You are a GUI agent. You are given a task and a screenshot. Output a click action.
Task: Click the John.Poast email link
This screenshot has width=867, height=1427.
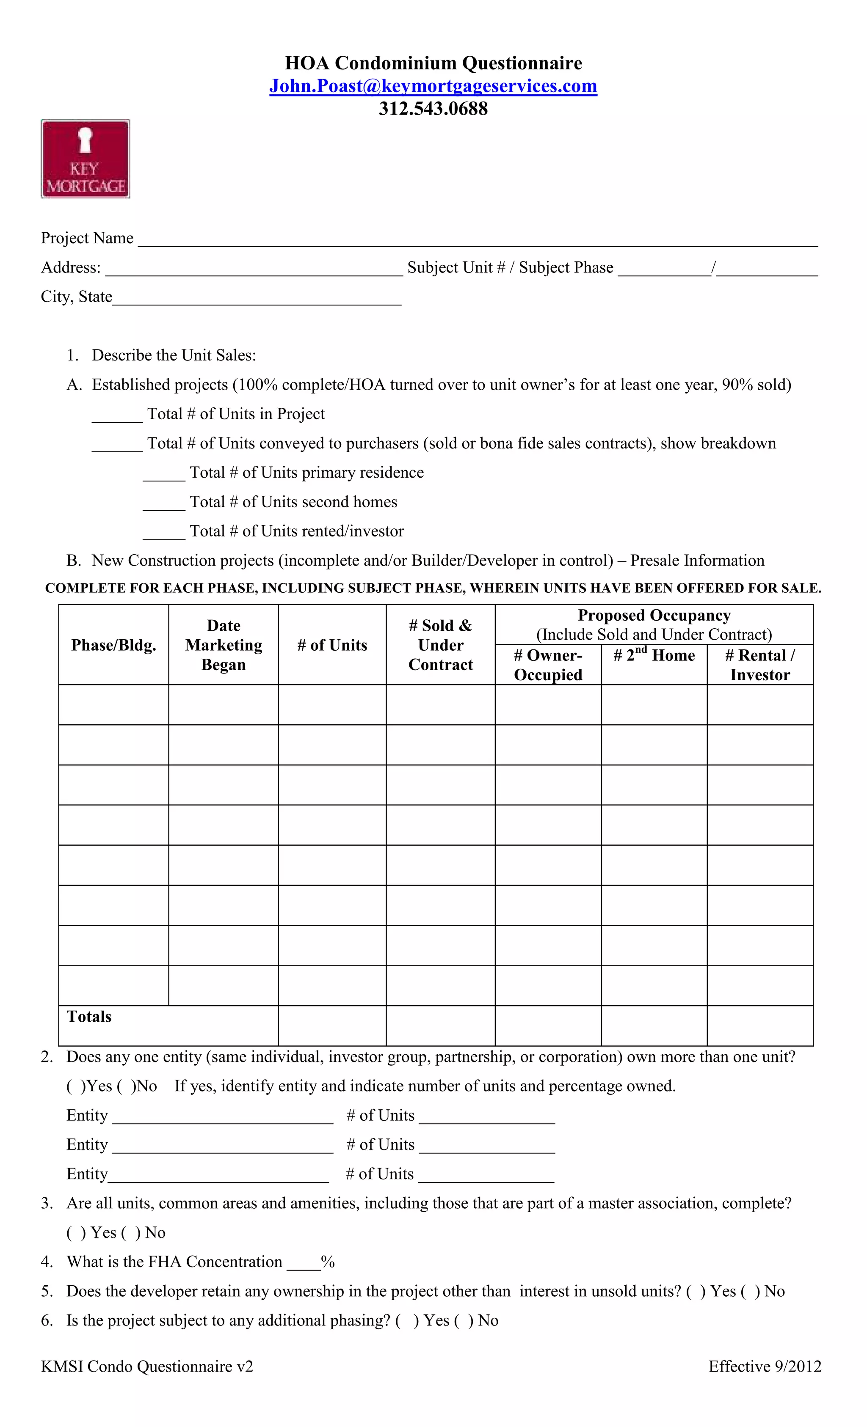pos(433,86)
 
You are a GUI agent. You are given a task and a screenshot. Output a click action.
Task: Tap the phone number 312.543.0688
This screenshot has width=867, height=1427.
pos(433,109)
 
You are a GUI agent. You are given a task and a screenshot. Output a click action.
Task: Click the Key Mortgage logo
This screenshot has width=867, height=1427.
pos(85,159)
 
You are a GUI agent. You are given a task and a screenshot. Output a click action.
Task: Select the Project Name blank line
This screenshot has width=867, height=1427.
pos(478,242)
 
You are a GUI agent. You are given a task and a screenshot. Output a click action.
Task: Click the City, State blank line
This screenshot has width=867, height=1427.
pos(257,300)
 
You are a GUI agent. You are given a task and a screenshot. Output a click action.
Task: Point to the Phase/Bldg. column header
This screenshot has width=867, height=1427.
pos(113,645)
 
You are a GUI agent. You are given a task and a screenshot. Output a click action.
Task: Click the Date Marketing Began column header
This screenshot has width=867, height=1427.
pos(224,645)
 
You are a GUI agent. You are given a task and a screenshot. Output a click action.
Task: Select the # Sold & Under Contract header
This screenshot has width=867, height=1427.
pos(440,645)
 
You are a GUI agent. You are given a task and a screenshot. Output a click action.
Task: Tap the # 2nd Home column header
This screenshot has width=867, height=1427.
pos(654,656)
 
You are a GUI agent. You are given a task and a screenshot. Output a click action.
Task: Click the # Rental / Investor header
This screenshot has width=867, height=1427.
pos(760,665)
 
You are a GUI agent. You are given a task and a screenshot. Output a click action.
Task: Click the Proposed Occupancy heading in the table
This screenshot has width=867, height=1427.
pos(654,615)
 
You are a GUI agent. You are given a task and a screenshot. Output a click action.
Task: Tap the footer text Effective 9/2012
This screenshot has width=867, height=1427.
pos(765,1367)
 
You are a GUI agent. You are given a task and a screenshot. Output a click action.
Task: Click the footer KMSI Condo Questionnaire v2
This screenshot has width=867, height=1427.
pos(146,1367)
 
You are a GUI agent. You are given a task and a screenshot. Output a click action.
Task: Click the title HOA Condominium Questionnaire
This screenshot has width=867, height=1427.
pos(433,63)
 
